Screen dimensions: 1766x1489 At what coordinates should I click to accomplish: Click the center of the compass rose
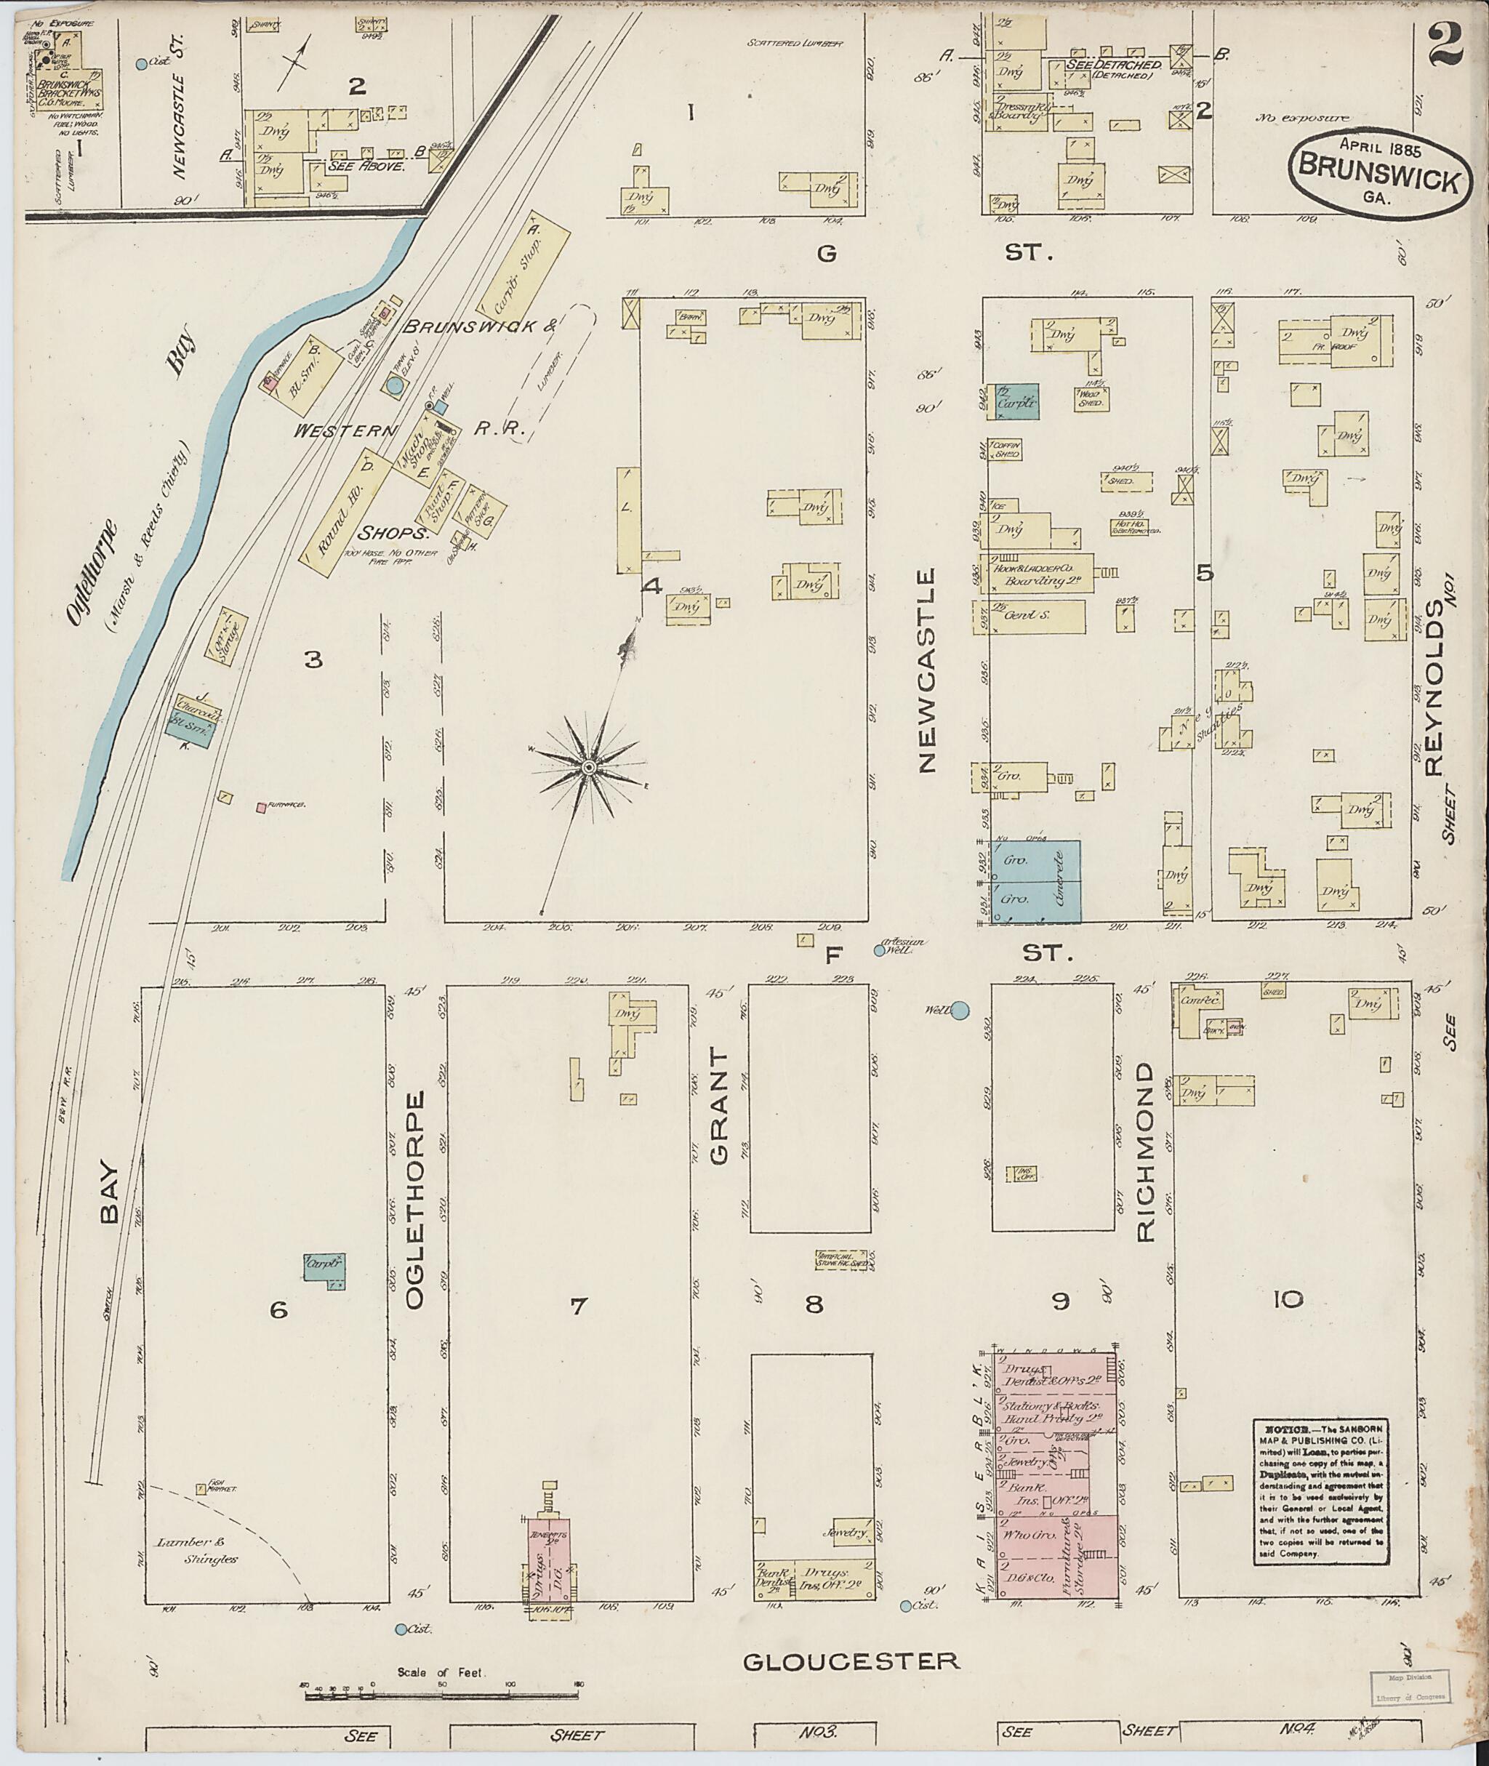(588, 766)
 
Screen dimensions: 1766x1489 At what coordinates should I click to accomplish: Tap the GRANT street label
(719, 1106)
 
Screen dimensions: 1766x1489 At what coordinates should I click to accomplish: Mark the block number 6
(278, 1309)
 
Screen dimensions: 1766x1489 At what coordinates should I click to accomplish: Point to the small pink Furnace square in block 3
(262, 807)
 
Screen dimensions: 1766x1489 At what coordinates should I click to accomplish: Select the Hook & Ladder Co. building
(1043, 574)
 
